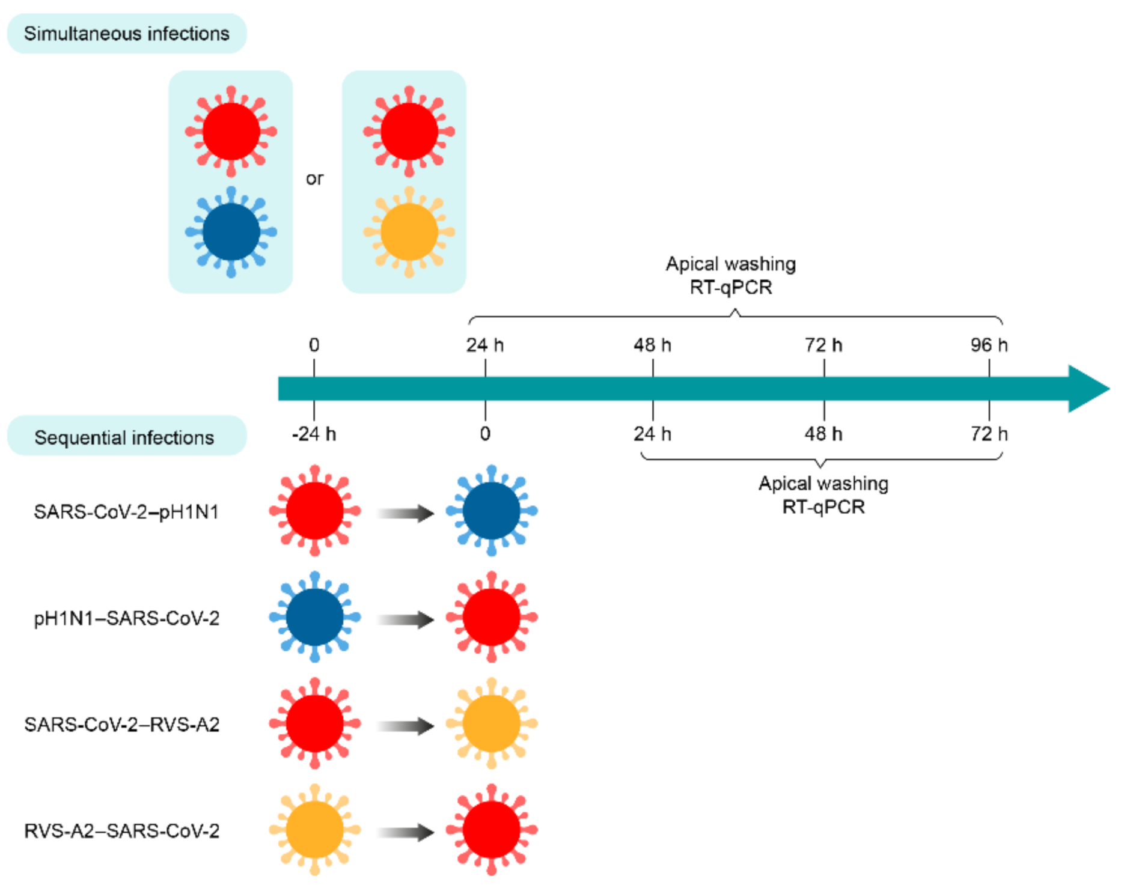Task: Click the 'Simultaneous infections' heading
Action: coord(126,34)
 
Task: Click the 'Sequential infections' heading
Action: coord(124,437)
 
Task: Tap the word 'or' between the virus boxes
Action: coord(314,179)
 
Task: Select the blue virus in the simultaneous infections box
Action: coord(231,232)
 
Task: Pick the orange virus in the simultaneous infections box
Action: coord(409,232)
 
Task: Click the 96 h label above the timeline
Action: coord(989,345)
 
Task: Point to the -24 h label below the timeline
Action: coord(314,434)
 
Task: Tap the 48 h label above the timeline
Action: coord(652,345)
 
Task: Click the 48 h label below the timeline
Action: coord(823,434)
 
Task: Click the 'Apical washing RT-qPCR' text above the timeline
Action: coord(730,276)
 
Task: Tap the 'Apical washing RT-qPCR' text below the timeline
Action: coord(823,495)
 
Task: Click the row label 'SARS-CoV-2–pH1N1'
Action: coord(126,512)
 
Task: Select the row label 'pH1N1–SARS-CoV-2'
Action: coord(126,618)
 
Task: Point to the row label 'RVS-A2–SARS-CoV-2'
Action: coord(122,831)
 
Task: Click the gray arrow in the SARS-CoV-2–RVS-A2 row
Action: coord(405,726)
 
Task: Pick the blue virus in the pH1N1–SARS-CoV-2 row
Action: coord(314,617)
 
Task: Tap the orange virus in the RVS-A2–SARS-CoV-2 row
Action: coord(314,830)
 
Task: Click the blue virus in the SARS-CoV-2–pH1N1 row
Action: coord(491,511)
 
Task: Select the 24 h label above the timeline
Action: coord(484,345)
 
